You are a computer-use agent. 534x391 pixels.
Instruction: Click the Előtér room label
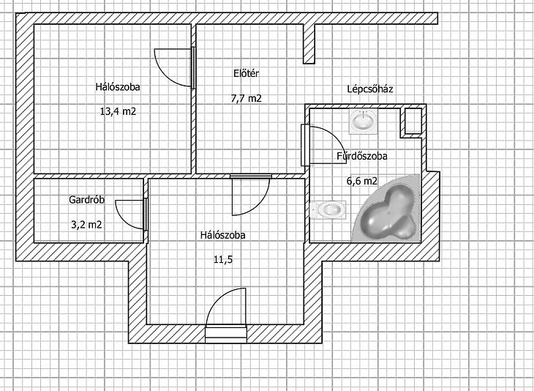tap(247, 73)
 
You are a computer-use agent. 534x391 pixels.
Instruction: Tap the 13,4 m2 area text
tap(118, 111)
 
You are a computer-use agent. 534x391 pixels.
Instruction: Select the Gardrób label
tap(86, 199)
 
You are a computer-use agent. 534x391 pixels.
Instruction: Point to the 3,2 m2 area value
tap(86, 225)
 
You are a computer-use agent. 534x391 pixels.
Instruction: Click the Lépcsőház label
tap(370, 89)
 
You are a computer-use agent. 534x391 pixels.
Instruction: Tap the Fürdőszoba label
tap(362, 156)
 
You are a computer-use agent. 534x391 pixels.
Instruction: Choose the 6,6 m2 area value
tap(362, 181)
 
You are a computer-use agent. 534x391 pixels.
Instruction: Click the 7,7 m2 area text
tap(247, 99)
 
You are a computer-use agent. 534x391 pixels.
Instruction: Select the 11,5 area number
tap(223, 260)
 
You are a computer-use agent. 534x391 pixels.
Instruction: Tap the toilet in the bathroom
tap(328, 209)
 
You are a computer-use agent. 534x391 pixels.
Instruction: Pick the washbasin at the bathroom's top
tap(364, 122)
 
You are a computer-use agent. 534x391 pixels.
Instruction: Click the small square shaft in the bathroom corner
tap(413, 121)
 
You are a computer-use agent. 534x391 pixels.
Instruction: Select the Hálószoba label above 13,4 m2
tap(118, 86)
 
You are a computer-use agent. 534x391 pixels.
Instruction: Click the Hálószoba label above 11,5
tap(222, 235)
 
